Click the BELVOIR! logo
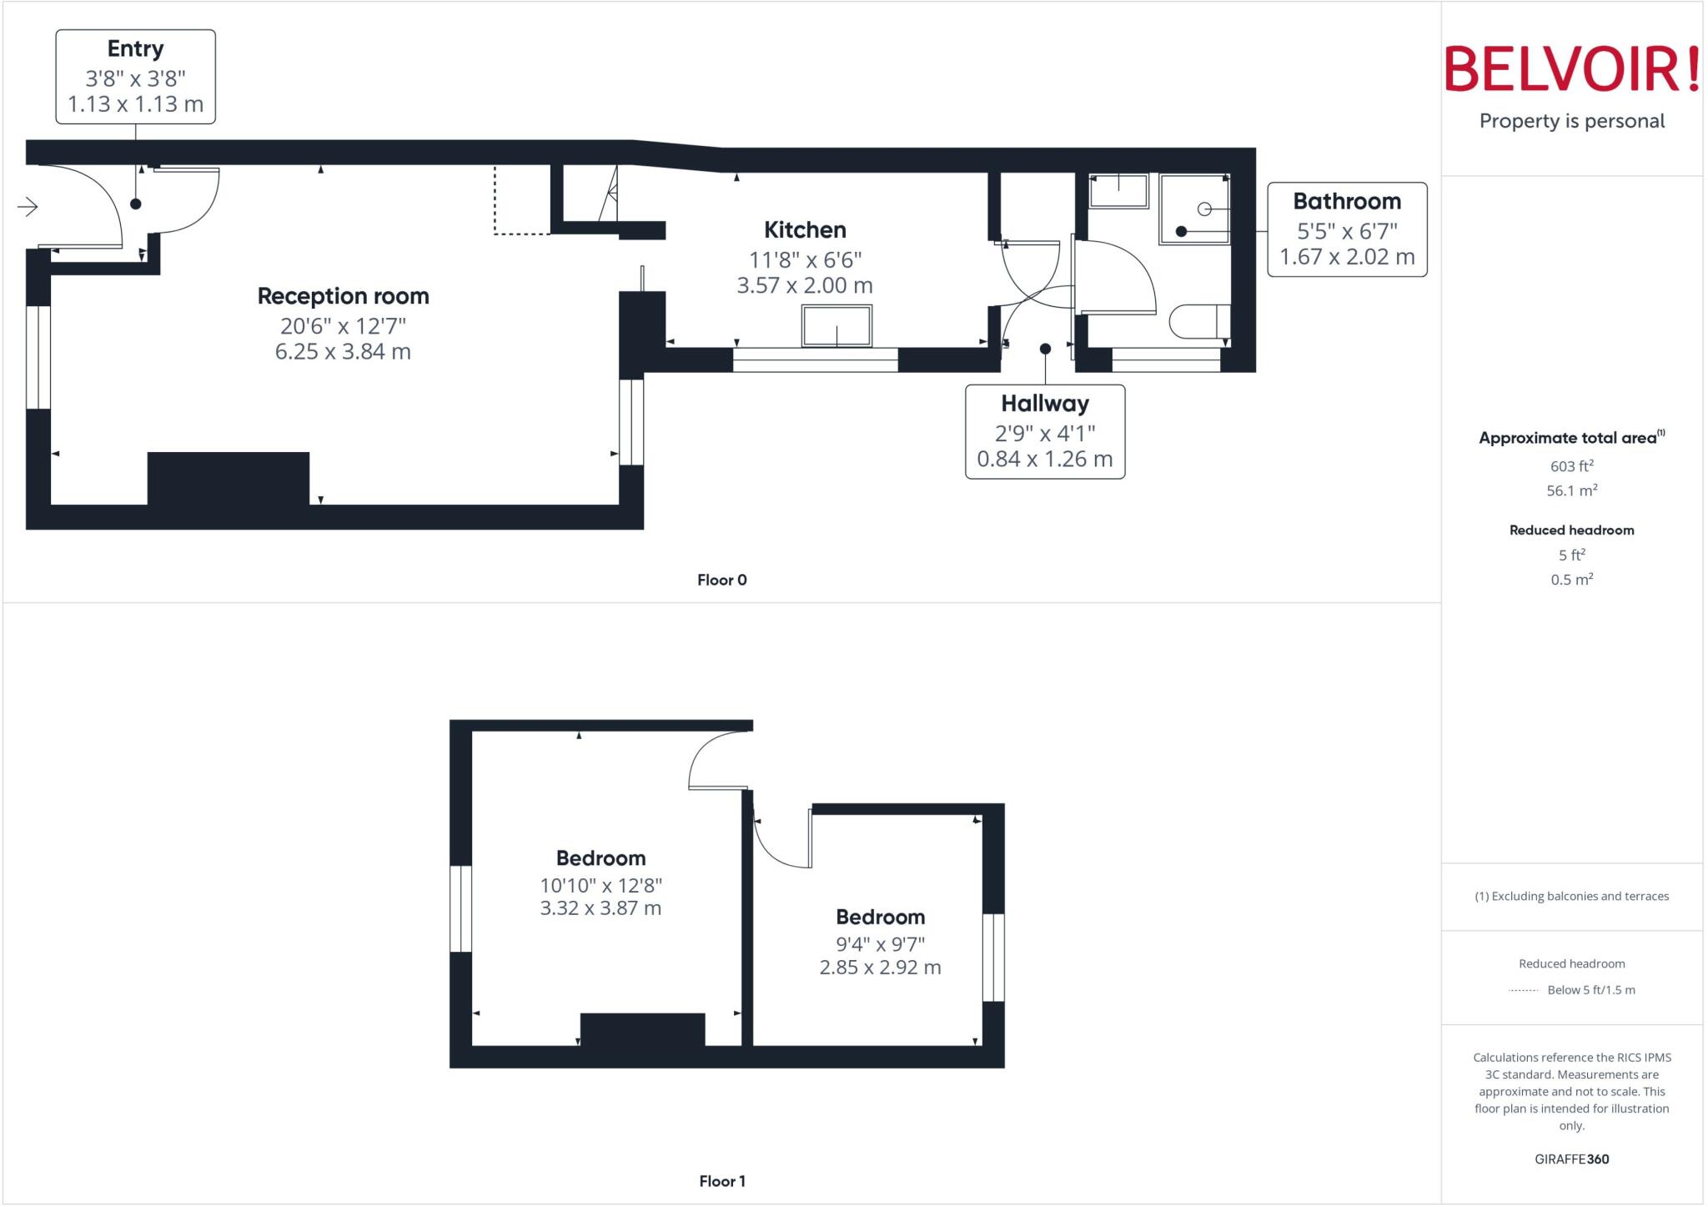(1571, 69)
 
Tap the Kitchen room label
(805, 230)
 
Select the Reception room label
(343, 296)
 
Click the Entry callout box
(135, 77)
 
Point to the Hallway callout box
(1044, 431)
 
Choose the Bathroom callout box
(1347, 229)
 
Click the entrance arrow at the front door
(28, 207)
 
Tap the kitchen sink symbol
(836, 325)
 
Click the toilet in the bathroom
(1199, 321)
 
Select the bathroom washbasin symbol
(1118, 191)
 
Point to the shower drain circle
(1204, 209)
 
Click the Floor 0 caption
(721, 580)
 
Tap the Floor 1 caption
(721, 1181)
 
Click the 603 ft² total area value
(1571, 466)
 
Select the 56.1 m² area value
(1571, 490)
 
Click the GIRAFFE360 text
(1571, 1159)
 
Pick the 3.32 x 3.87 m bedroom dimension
(600, 908)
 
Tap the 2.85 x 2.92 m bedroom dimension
(880, 968)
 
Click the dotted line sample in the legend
(1523, 990)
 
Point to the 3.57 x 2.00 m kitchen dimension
(805, 285)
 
